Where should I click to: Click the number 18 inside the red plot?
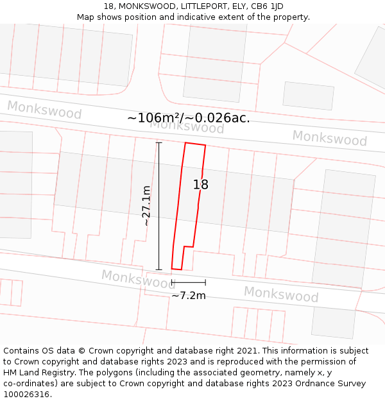(x=201, y=185)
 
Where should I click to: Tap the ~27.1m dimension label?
(x=146, y=205)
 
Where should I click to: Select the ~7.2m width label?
(x=189, y=296)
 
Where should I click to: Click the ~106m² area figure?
(x=155, y=118)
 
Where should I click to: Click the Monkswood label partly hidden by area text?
(x=187, y=127)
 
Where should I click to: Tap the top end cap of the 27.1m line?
(x=159, y=142)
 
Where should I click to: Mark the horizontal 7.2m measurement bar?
(x=189, y=282)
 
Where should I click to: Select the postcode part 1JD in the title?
(x=275, y=6)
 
